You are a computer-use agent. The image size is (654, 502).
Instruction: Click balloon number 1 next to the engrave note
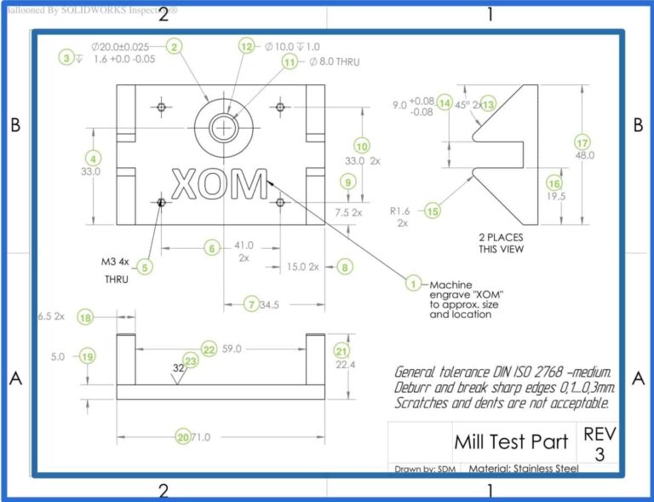[x=413, y=284]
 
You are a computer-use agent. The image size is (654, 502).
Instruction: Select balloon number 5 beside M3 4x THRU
[x=146, y=267]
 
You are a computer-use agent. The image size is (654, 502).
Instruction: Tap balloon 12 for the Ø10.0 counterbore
[x=247, y=47]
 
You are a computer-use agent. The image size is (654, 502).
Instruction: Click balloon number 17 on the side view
[x=582, y=142]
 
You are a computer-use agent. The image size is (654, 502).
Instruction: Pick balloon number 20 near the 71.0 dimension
[x=182, y=436]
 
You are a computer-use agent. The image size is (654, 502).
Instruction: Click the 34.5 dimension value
[x=270, y=304]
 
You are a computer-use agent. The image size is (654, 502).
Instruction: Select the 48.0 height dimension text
[x=585, y=156]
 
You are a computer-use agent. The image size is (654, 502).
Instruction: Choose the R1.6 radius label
[x=400, y=210]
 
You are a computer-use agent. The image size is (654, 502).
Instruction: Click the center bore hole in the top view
[x=224, y=126]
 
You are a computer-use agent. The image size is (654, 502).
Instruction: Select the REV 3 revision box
[x=599, y=444]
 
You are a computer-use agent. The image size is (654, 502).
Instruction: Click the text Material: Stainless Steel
[x=524, y=468]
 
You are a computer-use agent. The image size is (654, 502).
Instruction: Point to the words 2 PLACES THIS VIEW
[x=500, y=243]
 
